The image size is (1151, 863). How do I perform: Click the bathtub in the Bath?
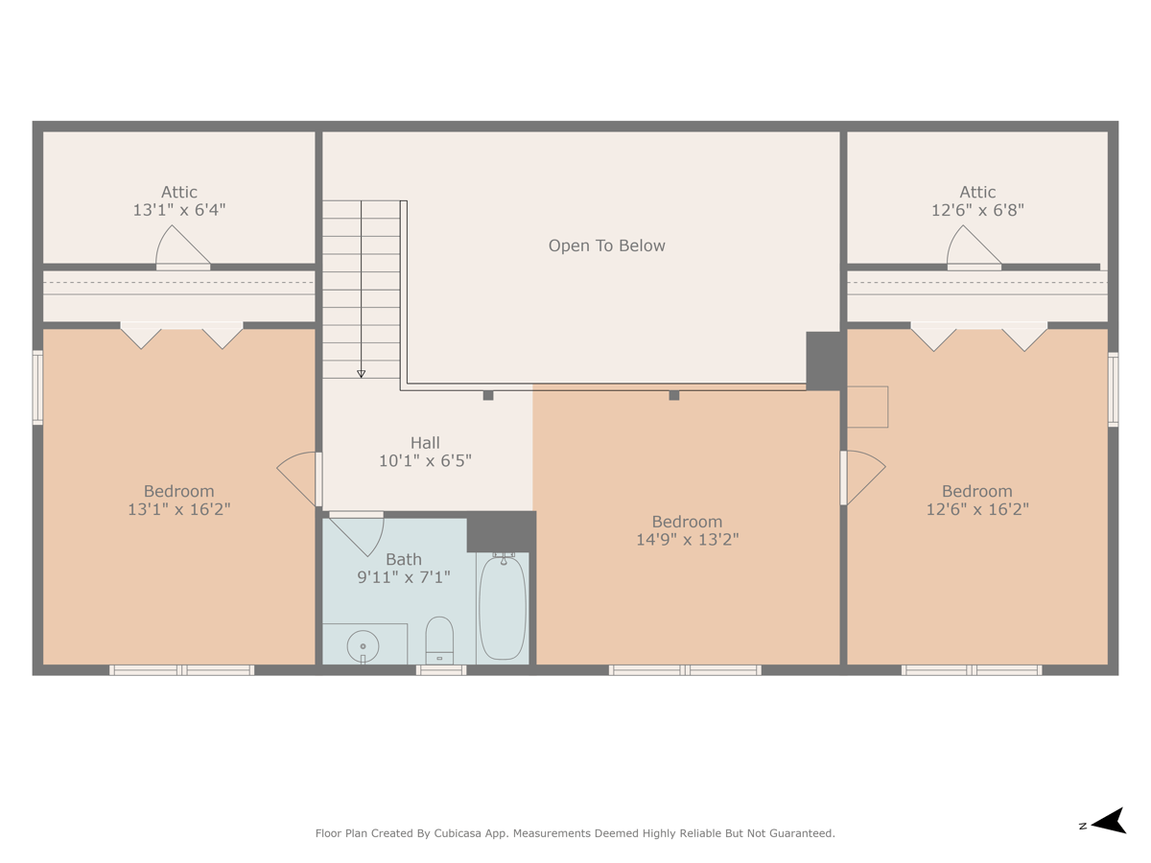coord(502,607)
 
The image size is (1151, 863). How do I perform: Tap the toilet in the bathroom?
coord(439,640)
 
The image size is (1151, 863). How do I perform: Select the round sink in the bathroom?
coord(364,646)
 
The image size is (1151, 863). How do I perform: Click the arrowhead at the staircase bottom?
coord(362,373)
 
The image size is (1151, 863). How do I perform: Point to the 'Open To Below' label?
coord(606,245)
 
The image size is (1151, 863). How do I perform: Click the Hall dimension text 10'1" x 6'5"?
coord(425,461)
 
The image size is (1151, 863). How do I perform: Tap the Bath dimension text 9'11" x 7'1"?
coord(404,577)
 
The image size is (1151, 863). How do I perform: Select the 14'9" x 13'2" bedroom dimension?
coord(687,540)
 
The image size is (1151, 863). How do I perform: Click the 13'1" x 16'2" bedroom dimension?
coord(179,509)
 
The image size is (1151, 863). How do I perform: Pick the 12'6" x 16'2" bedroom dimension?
coord(976,509)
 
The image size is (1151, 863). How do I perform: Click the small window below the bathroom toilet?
coord(440,670)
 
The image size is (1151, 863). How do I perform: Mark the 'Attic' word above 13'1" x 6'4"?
coord(179,192)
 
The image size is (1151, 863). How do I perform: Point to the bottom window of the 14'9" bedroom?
coord(685,670)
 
